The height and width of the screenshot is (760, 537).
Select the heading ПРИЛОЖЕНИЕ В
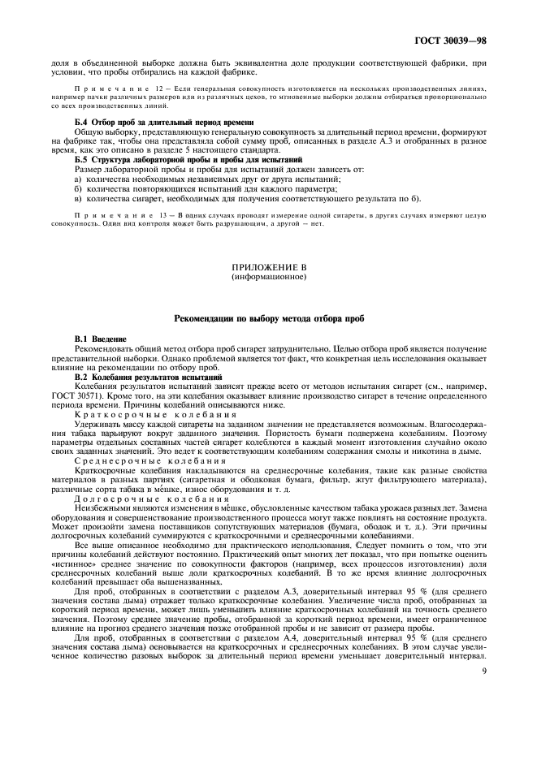(268, 266)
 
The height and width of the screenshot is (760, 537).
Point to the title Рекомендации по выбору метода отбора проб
(268, 319)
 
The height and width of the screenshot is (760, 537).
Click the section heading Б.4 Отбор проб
(163, 122)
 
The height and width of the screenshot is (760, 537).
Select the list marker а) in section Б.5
(78, 179)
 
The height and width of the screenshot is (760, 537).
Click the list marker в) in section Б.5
(78, 196)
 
